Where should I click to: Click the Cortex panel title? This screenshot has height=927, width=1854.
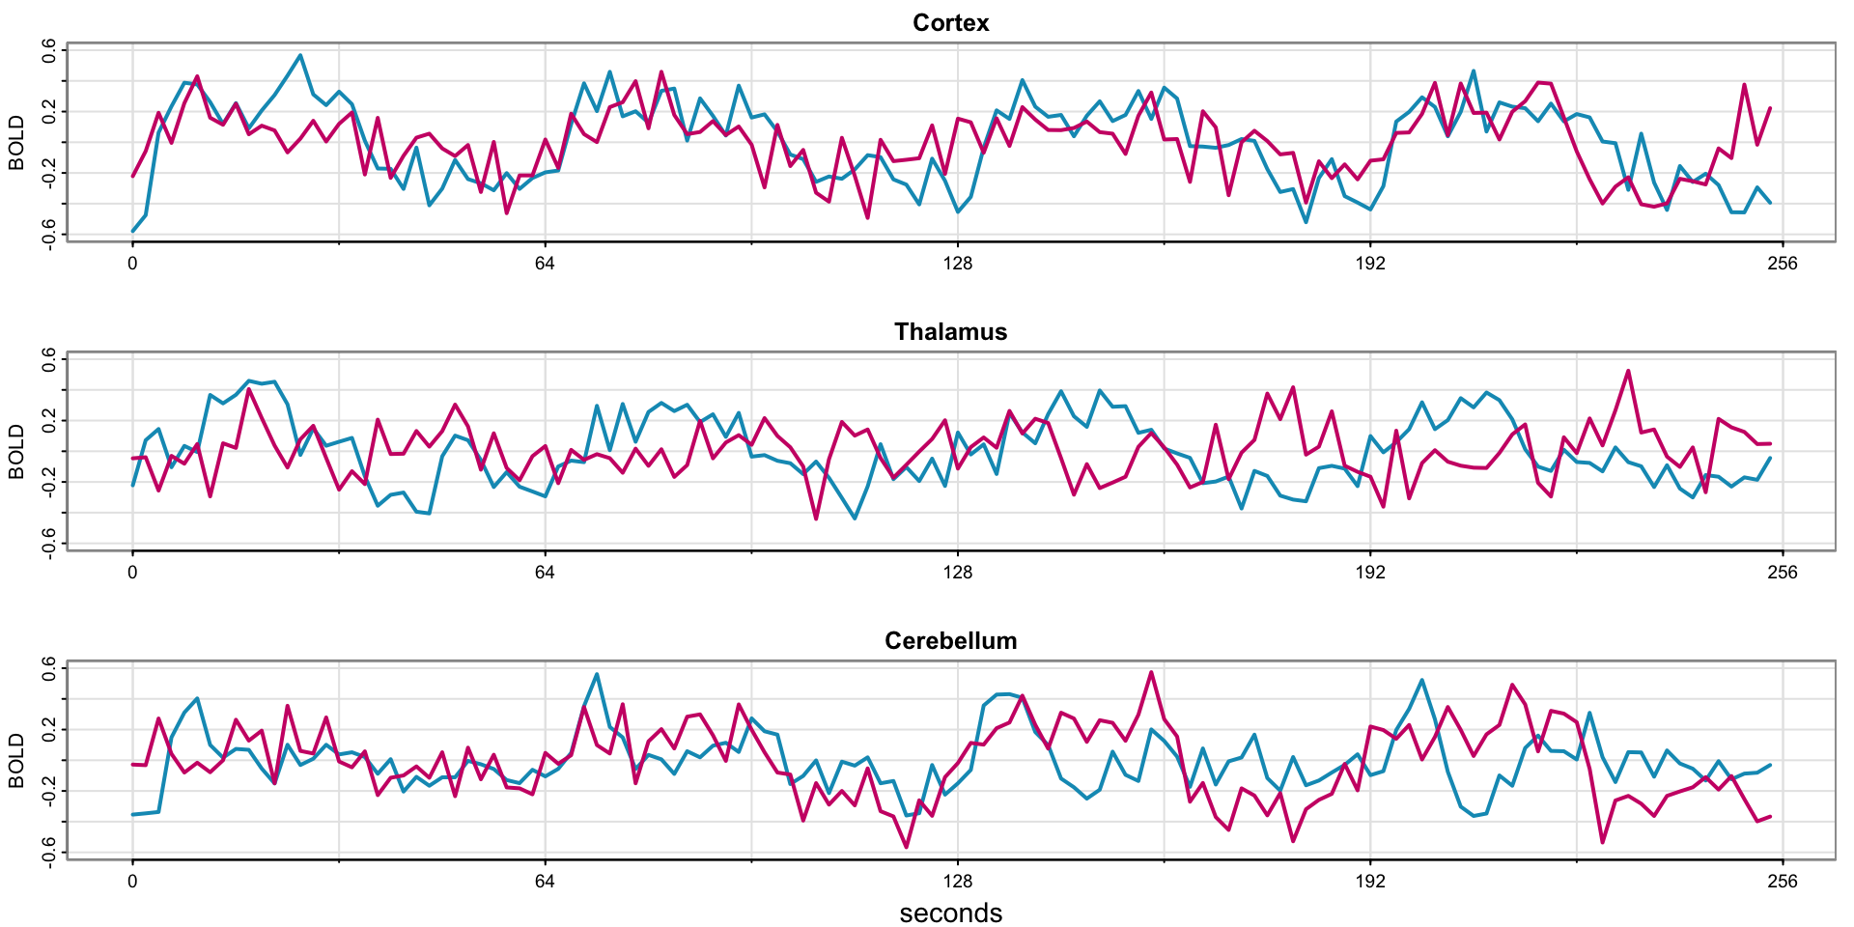pyautogui.click(x=950, y=22)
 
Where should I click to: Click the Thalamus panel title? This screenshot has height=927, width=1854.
pyautogui.click(x=950, y=331)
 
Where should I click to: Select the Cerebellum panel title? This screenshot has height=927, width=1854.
pyautogui.click(x=950, y=640)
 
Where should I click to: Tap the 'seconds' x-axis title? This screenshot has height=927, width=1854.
pyautogui.click(x=950, y=913)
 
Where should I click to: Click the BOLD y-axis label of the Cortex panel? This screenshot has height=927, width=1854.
pyautogui.click(x=16, y=142)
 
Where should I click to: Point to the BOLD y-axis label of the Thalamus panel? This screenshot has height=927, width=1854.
pyautogui.click(x=16, y=451)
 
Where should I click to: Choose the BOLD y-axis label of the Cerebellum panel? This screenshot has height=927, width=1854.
pyautogui.click(x=16, y=760)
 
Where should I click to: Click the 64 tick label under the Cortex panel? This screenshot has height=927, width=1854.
pyautogui.click(x=545, y=263)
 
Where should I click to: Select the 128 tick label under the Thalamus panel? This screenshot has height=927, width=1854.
pyautogui.click(x=957, y=572)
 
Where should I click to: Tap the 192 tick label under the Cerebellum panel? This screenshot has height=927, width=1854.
pyautogui.click(x=1369, y=881)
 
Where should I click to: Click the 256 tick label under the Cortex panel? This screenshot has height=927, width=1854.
pyautogui.click(x=1782, y=263)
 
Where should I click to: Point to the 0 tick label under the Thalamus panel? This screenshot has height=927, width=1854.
pyautogui.click(x=132, y=572)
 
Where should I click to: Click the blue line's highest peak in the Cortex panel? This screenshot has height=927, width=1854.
pyautogui.click(x=300, y=55)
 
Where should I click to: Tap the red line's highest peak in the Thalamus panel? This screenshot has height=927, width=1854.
pyautogui.click(x=1627, y=371)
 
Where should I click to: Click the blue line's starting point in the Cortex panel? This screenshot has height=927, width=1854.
pyautogui.click(x=133, y=231)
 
